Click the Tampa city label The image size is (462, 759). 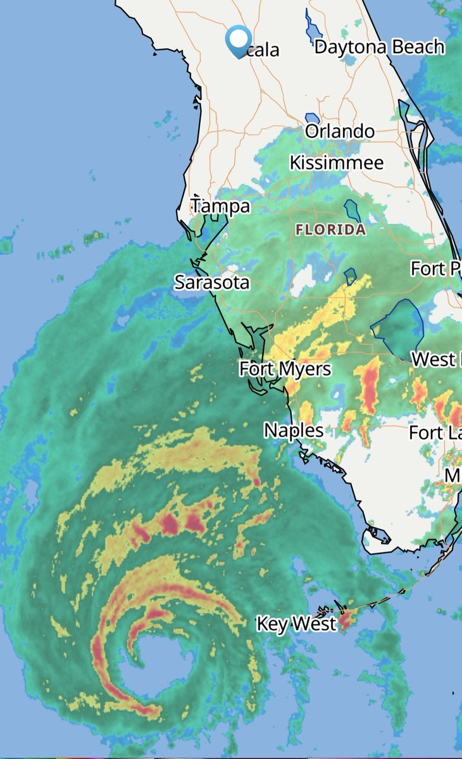coord(221,206)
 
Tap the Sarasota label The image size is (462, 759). coord(212,282)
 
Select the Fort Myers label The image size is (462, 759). coord(285,368)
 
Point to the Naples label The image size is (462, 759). coord(294,431)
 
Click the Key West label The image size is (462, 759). coord(296,624)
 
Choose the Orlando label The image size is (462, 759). coord(340,132)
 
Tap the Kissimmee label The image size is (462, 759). coord(337,163)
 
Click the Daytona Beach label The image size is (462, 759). coord(379,47)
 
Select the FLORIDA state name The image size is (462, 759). coord(330,229)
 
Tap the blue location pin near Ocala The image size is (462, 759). coord(238,40)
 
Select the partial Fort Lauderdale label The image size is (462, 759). coord(435,433)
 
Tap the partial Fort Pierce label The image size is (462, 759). coord(435,268)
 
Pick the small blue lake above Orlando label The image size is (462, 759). coord(311,118)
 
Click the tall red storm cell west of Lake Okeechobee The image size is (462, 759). coord(368,386)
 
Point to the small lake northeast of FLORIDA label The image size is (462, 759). coord(352,210)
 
